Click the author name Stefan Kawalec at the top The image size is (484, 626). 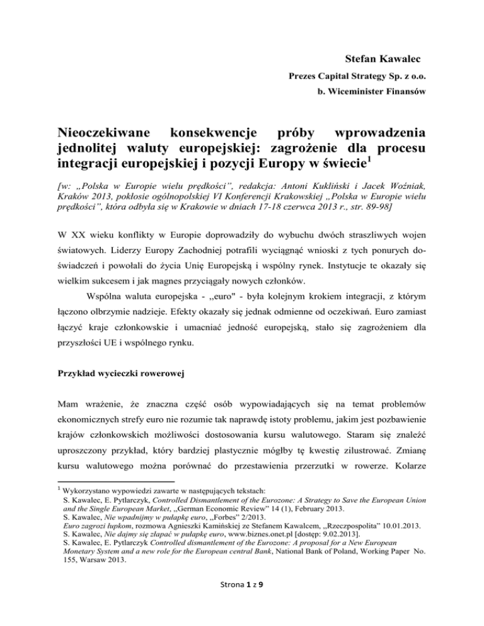click(x=384, y=60)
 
